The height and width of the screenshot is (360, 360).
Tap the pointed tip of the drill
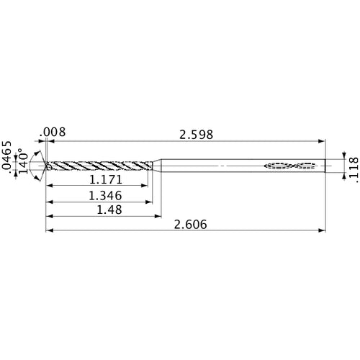click(x=46, y=166)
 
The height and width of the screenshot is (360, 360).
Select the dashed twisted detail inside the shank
click(x=292, y=166)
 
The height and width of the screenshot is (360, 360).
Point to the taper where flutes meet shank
click(x=156, y=166)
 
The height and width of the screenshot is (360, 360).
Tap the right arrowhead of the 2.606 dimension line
click(x=321, y=230)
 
